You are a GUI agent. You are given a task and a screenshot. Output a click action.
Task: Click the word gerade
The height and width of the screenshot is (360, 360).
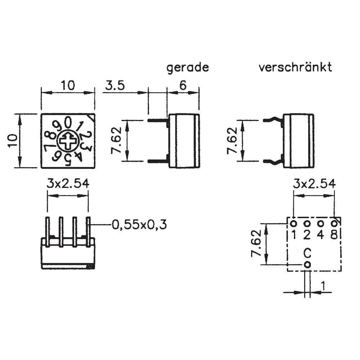point(188,68)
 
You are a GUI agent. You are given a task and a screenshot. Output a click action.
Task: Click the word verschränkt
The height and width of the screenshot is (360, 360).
point(295,67)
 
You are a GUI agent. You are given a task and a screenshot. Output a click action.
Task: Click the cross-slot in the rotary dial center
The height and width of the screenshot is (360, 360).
point(68,141)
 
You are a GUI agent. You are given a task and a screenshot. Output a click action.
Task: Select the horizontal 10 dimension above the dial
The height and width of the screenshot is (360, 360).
point(68,86)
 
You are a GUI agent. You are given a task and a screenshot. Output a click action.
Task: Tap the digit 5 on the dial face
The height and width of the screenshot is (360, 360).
point(68,161)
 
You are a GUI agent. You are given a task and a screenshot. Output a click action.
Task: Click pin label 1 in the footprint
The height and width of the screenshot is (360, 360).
point(294,235)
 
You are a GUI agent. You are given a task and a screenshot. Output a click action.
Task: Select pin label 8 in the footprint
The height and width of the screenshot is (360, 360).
point(334,235)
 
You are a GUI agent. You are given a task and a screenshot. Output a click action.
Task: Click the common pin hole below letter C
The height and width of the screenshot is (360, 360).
point(307,265)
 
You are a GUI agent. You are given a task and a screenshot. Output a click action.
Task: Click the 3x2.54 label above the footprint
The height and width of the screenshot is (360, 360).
point(314,184)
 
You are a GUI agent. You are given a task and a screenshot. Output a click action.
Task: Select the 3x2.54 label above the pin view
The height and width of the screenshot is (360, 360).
point(68,184)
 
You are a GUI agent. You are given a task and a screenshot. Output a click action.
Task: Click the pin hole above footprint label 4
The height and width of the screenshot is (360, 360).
point(320,224)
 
